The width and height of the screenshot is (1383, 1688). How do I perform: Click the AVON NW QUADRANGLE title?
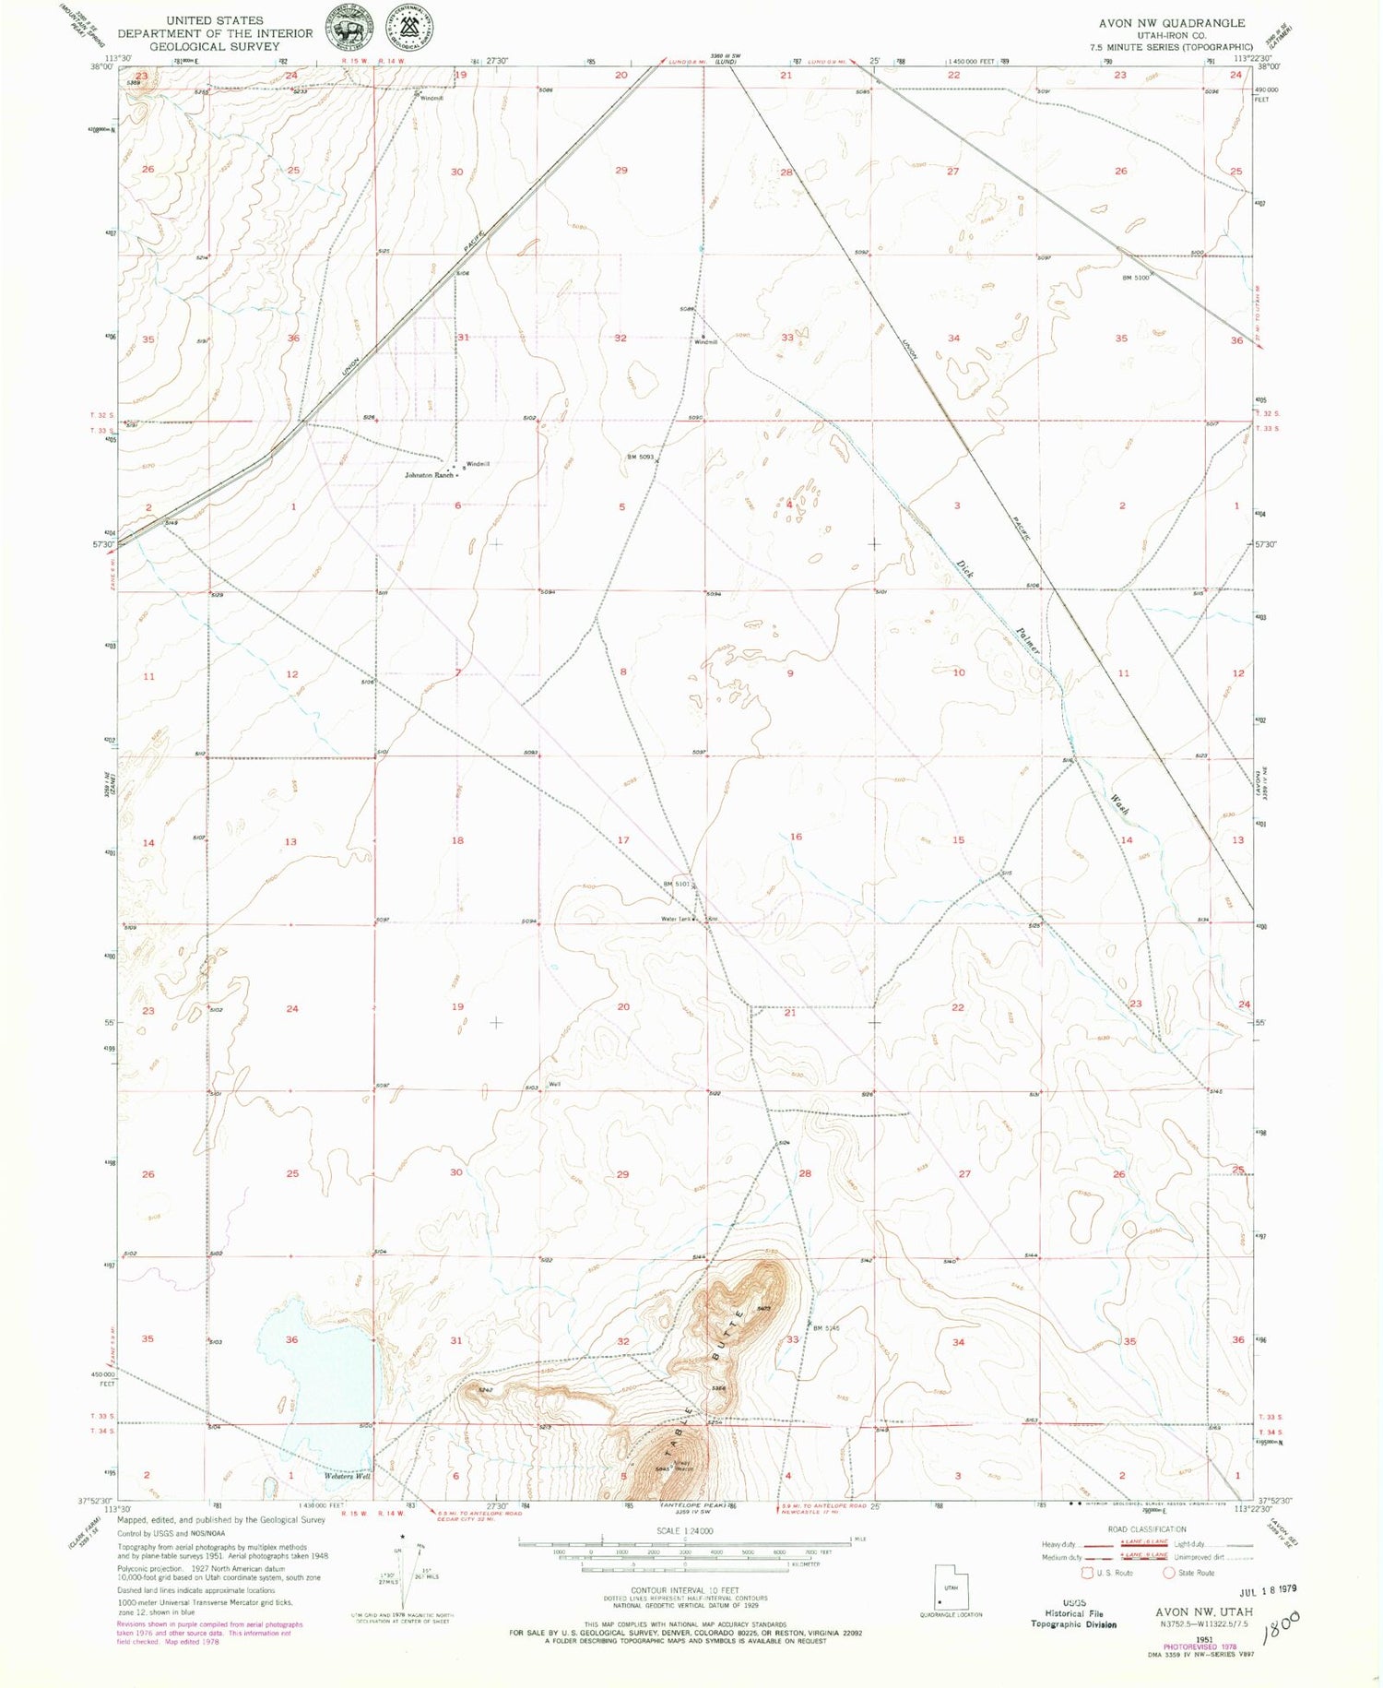(1171, 23)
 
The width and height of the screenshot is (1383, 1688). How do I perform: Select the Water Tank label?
(676, 919)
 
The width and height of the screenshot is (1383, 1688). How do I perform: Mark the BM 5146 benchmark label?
(827, 1328)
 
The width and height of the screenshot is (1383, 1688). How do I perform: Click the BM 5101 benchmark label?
(677, 884)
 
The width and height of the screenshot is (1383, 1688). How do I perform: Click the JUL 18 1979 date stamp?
(1273, 1588)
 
